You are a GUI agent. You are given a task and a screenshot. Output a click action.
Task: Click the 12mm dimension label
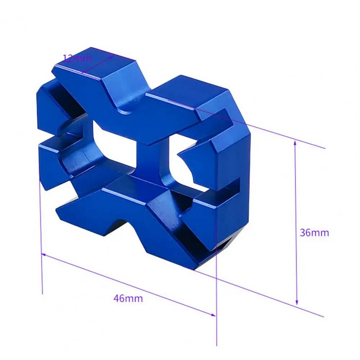point(77,58)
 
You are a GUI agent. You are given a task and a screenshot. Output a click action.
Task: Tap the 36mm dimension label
point(314,233)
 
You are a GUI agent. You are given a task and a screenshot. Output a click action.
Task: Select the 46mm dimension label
point(128,298)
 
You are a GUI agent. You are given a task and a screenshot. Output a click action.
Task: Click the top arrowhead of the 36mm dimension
point(295,143)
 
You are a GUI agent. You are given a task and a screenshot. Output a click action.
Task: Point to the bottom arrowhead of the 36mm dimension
point(297,302)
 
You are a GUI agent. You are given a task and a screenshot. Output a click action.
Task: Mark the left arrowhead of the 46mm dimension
point(44,255)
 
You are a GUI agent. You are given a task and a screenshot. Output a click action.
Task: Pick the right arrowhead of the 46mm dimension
point(213,315)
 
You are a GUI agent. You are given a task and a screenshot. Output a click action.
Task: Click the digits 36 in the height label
point(305,233)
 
